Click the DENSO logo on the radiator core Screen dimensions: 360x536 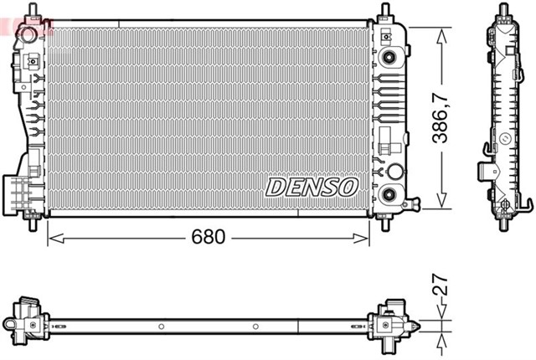(312, 187)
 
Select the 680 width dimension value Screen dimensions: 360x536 (208, 237)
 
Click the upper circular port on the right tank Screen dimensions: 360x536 (389, 57)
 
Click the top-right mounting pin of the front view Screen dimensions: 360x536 (385, 14)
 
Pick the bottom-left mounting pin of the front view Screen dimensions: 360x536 (33, 224)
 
